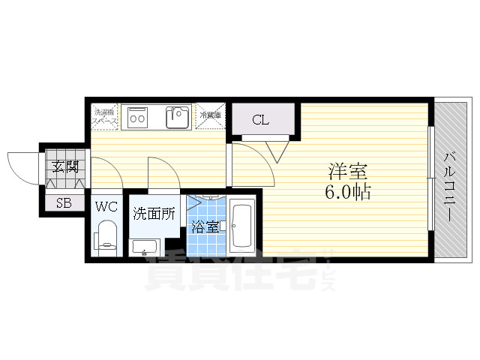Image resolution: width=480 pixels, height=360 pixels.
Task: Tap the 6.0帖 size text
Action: [x=346, y=192]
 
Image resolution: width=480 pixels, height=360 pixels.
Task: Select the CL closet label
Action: [x=261, y=119]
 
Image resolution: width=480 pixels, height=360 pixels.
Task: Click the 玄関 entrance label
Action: [x=64, y=166]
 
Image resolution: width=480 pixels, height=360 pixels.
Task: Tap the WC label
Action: [x=105, y=205]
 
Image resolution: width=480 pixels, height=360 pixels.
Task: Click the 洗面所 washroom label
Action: [x=154, y=214]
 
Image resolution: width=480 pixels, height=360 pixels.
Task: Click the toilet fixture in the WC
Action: [x=106, y=239]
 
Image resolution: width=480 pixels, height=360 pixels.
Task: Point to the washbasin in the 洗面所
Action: [x=144, y=246]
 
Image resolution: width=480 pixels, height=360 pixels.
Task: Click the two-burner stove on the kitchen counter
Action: [x=138, y=116]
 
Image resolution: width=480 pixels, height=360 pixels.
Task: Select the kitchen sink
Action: [x=178, y=117]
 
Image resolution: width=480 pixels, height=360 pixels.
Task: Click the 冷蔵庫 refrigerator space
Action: [x=211, y=116]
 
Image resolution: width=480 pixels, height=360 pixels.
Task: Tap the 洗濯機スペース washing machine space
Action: [x=104, y=116]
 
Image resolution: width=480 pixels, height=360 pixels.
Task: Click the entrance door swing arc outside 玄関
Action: [x=22, y=166]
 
